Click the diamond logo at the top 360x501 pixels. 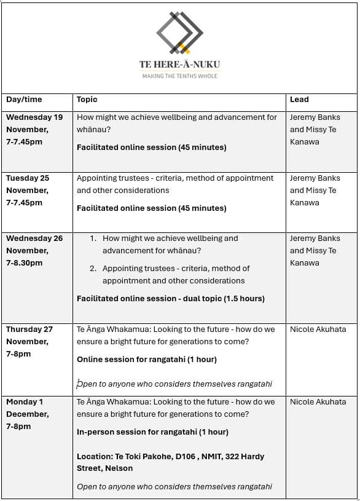179,32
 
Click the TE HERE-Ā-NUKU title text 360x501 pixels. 179,65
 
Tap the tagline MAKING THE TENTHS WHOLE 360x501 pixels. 179,76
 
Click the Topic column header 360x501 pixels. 87,100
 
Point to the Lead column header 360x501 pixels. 299,100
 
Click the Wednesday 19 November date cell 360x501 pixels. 35,129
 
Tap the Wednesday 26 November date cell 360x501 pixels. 35,250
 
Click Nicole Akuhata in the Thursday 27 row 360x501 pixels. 318,329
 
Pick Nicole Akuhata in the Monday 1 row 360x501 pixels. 318,402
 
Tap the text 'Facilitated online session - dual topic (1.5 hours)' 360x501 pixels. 171,299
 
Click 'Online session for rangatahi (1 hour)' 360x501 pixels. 147,360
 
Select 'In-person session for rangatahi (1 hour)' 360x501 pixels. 152,432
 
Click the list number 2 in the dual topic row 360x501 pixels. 93,269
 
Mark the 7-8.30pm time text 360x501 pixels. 25,263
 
